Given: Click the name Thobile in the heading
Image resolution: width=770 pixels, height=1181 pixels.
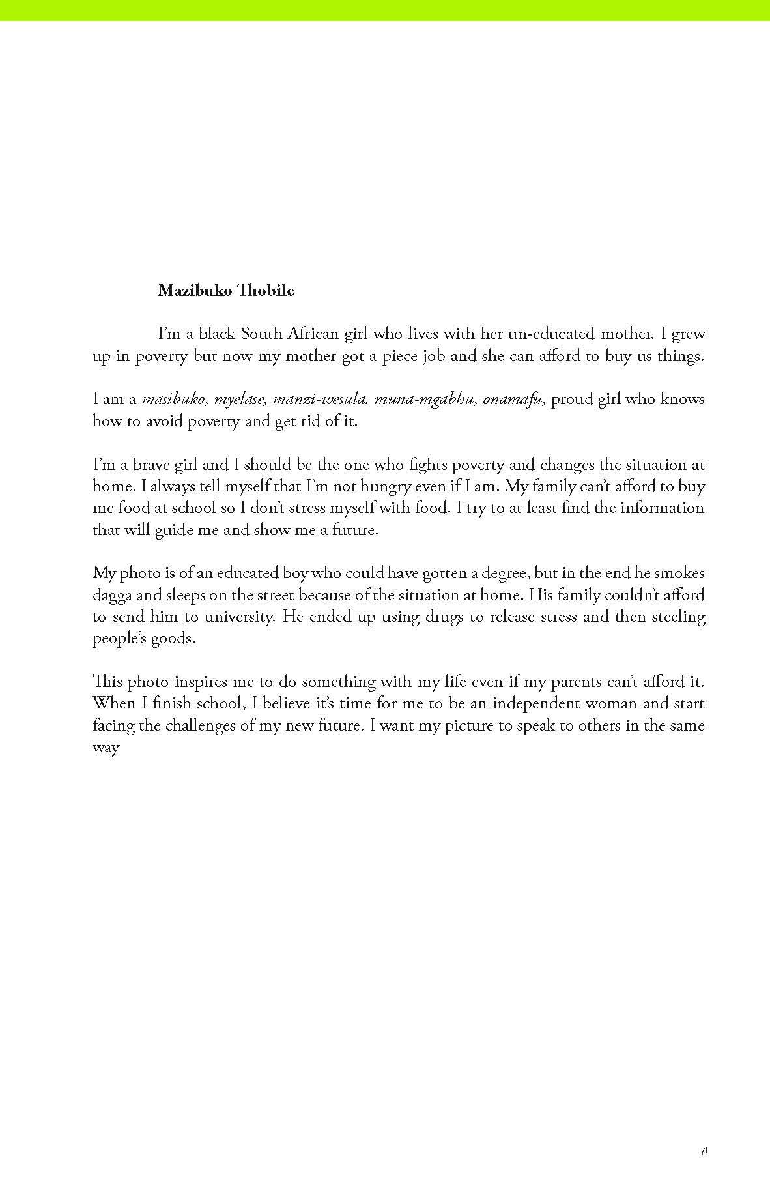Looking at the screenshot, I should point(266,291).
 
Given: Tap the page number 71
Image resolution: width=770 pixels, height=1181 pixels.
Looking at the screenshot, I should point(704,1151).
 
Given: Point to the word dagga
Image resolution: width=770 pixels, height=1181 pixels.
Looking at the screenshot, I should point(112,596).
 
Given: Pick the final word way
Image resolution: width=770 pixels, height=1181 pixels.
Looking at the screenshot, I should point(106,748).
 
